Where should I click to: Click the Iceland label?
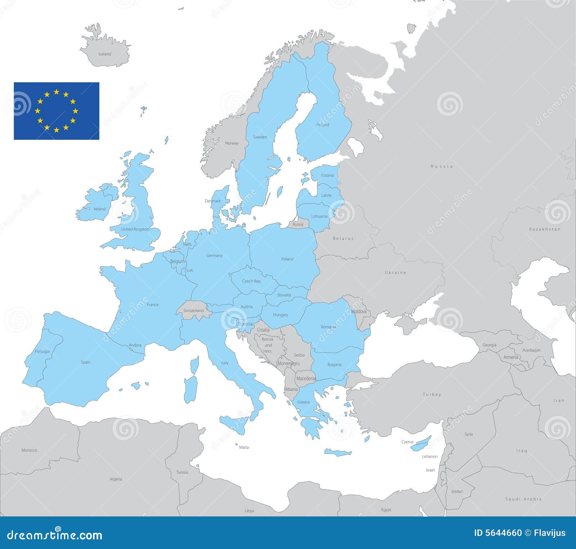pyautogui.click(x=105, y=54)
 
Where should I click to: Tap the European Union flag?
pyautogui.click(x=57, y=111)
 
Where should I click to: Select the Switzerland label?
pyautogui.click(x=193, y=311)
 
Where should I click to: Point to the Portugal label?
pyautogui.click(x=42, y=351)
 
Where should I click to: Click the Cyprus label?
pyautogui.click(x=408, y=442)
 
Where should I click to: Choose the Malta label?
pyautogui.click(x=244, y=447)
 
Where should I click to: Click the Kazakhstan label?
pyautogui.click(x=545, y=229)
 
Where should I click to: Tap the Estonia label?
pyautogui.click(x=327, y=175)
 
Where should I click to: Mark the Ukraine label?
pyautogui.click(x=395, y=273)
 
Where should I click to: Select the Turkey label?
pyautogui.click(x=432, y=395)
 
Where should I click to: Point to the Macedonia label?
pyautogui.click(x=306, y=378)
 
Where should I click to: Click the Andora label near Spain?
pyautogui.click(x=135, y=345)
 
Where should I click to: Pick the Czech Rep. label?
pyautogui.click(x=252, y=281)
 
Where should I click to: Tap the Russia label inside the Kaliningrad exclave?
pyautogui.click(x=298, y=224)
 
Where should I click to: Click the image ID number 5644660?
pyautogui.click(x=499, y=533)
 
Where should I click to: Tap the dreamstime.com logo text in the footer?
pyautogui.click(x=55, y=535)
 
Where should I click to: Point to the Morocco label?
pyautogui.click(x=29, y=450)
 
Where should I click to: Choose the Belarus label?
pyautogui.click(x=343, y=238)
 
